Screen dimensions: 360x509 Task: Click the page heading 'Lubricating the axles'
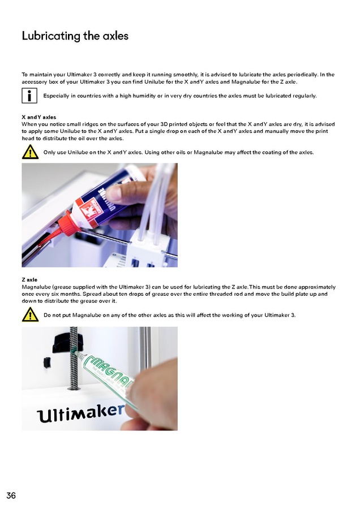click(x=75, y=36)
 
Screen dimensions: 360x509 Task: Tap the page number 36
click(x=11, y=495)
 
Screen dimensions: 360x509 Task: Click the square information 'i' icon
click(x=29, y=96)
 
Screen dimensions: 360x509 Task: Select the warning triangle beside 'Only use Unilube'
click(x=30, y=152)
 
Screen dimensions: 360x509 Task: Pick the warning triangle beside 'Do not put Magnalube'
click(x=30, y=314)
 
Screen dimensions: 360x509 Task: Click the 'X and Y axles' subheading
click(x=39, y=117)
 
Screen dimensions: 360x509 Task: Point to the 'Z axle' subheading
click(x=29, y=279)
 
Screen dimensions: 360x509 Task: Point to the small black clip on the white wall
click(x=48, y=363)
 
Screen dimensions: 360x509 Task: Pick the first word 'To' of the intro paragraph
click(x=25, y=75)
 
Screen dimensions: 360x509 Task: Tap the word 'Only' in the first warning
click(x=49, y=152)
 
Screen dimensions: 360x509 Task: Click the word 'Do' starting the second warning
click(x=47, y=315)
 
